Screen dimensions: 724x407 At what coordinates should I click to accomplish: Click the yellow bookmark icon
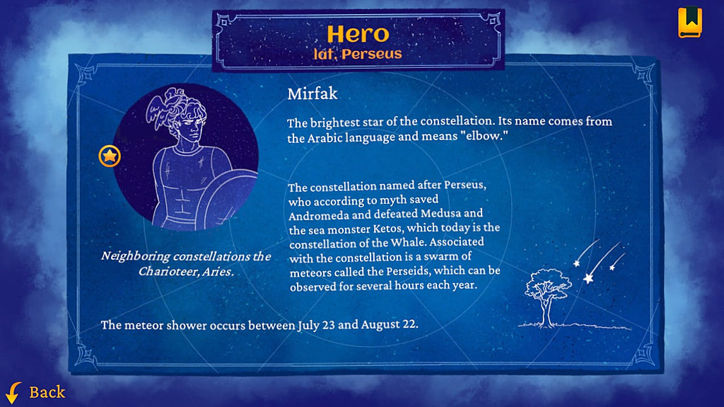[x=690, y=22]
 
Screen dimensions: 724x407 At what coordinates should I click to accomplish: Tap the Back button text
[x=47, y=392]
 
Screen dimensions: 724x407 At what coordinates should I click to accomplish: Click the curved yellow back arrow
[x=13, y=392]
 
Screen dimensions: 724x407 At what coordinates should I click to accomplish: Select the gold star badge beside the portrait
[x=110, y=156]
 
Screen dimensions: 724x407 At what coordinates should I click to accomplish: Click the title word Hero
[x=358, y=34]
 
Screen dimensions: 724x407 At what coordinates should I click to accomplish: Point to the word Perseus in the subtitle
[x=372, y=54]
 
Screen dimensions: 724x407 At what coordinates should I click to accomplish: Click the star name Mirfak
[x=312, y=94]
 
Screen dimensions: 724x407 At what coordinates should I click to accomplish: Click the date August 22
[x=390, y=324]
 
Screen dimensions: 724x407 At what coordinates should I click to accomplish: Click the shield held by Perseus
[x=228, y=198]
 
